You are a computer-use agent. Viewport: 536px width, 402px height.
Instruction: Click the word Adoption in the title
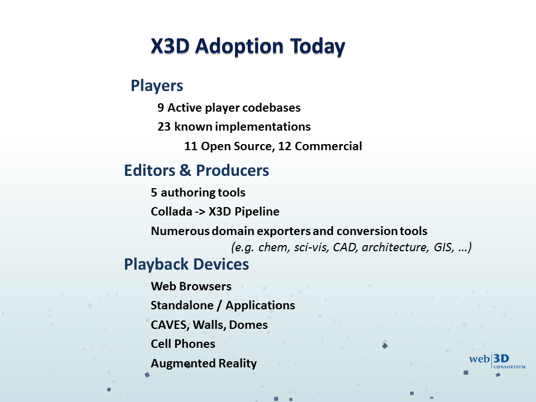(x=240, y=46)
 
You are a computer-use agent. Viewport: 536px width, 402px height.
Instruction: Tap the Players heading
(x=157, y=86)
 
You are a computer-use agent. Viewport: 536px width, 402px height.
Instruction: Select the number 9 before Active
(x=161, y=108)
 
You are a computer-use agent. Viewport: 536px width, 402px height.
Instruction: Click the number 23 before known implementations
(x=164, y=127)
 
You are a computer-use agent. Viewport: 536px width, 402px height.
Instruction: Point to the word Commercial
(x=328, y=146)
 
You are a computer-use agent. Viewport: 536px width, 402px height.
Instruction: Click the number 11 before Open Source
(x=191, y=146)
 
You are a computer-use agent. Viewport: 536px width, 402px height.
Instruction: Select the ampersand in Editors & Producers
(x=185, y=170)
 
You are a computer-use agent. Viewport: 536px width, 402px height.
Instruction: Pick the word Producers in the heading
(x=232, y=170)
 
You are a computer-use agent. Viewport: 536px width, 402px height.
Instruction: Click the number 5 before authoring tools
(x=154, y=193)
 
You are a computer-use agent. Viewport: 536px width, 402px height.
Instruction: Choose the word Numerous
(x=180, y=231)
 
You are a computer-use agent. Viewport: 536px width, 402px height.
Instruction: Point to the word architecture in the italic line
(x=395, y=247)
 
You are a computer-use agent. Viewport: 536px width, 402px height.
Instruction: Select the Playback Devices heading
(x=186, y=264)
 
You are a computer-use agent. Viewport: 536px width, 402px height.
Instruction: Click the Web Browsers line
(x=191, y=286)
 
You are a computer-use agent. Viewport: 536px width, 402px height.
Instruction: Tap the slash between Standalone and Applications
(x=219, y=305)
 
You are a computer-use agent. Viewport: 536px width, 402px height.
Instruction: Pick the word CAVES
(x=170, y=325)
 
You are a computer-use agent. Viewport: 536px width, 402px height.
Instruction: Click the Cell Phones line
(x=183, y=344)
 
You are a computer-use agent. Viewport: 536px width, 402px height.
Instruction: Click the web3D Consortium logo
(x=497, y=361)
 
